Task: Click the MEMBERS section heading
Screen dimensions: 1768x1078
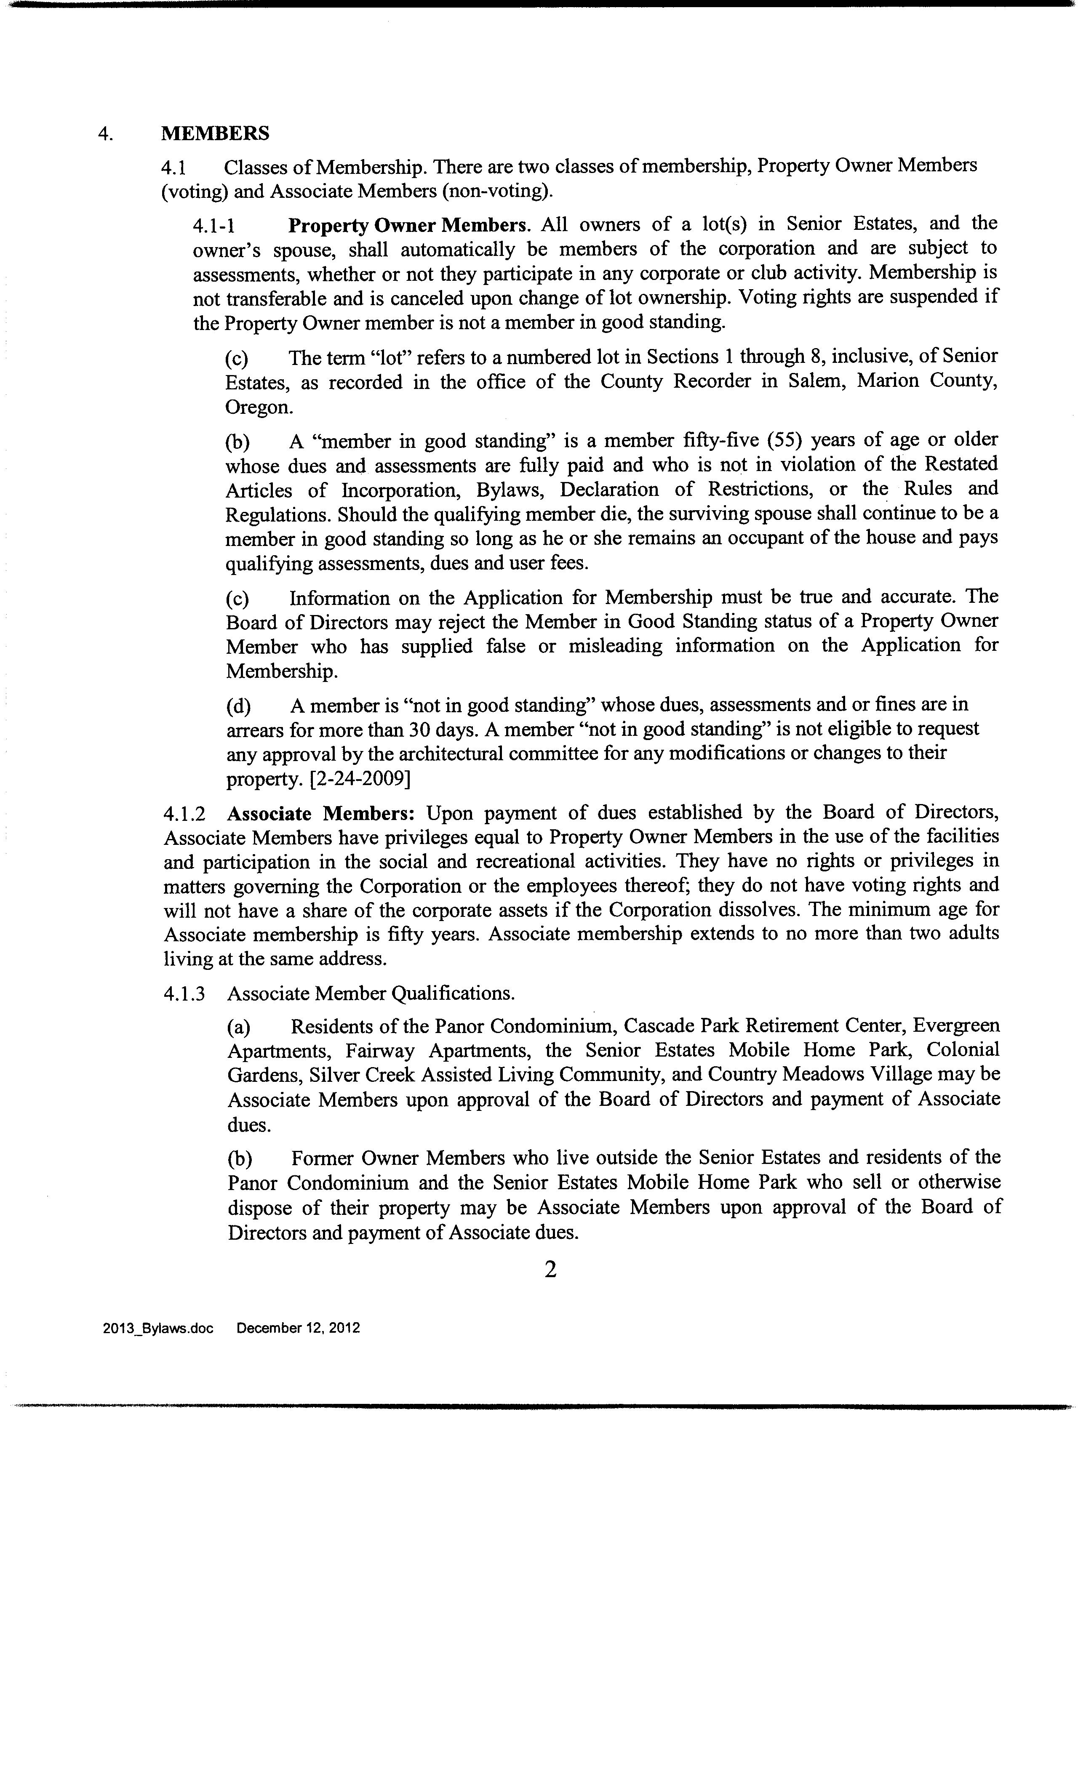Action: coord(215,133)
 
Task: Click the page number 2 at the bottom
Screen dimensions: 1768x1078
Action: coord(550,1270)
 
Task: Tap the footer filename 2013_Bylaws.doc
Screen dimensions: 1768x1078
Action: coord(158,1328)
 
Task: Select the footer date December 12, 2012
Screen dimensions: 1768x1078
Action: coord(298,1328)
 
